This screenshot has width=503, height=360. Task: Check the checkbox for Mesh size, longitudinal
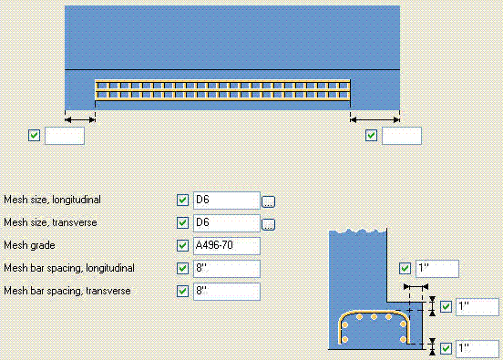182,201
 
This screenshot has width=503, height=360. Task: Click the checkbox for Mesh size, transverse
182,223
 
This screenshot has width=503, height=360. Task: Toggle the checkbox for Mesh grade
182,246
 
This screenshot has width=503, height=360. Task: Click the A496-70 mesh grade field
227,246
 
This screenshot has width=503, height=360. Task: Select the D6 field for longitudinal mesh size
227,201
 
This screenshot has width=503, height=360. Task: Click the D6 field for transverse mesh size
227,223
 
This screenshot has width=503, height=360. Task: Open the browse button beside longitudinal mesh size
269,201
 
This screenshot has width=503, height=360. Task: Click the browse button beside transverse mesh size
269,224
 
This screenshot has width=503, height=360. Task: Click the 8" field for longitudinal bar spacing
227,269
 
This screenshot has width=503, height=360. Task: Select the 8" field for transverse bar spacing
227,292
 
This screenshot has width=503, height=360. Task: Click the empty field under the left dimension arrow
65,136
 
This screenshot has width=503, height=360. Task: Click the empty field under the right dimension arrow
402,136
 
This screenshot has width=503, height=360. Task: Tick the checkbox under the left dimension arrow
35,136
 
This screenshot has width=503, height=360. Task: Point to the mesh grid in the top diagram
222,89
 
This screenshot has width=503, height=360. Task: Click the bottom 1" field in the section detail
478,348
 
